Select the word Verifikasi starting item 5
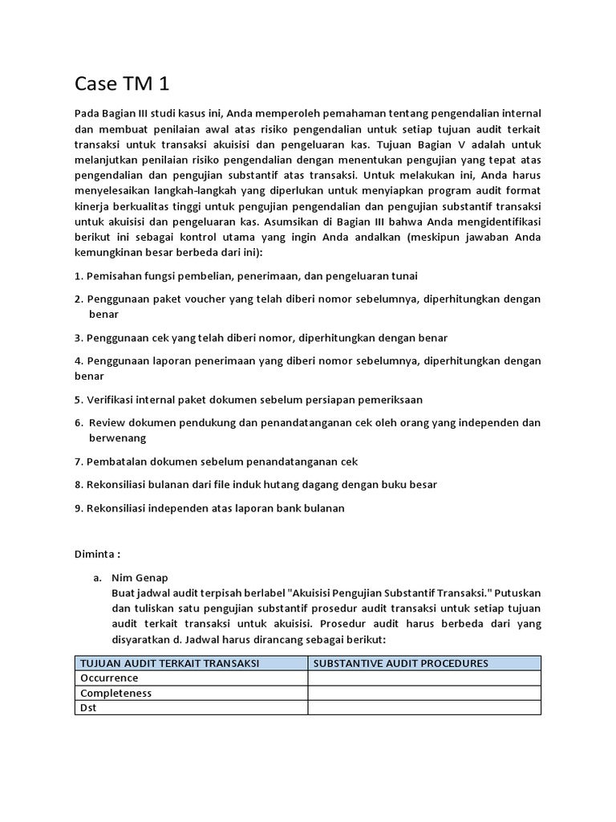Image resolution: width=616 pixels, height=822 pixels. coord(110,399)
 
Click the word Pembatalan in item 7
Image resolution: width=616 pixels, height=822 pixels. coord(116,462)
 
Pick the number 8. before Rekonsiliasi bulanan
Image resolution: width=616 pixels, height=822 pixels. coord(79,484)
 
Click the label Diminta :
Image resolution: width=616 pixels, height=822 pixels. coord(97,553)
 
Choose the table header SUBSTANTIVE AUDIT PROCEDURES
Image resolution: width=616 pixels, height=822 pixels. coord(401,663)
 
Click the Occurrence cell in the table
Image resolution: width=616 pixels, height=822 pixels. coord(109,678)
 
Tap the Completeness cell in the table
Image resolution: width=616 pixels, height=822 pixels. coord(115,693)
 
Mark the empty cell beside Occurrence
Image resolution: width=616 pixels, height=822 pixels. coord(423,678)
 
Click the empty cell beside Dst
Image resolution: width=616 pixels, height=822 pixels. coord(423,707)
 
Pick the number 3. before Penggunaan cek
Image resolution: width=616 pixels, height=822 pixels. coord(79,337)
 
